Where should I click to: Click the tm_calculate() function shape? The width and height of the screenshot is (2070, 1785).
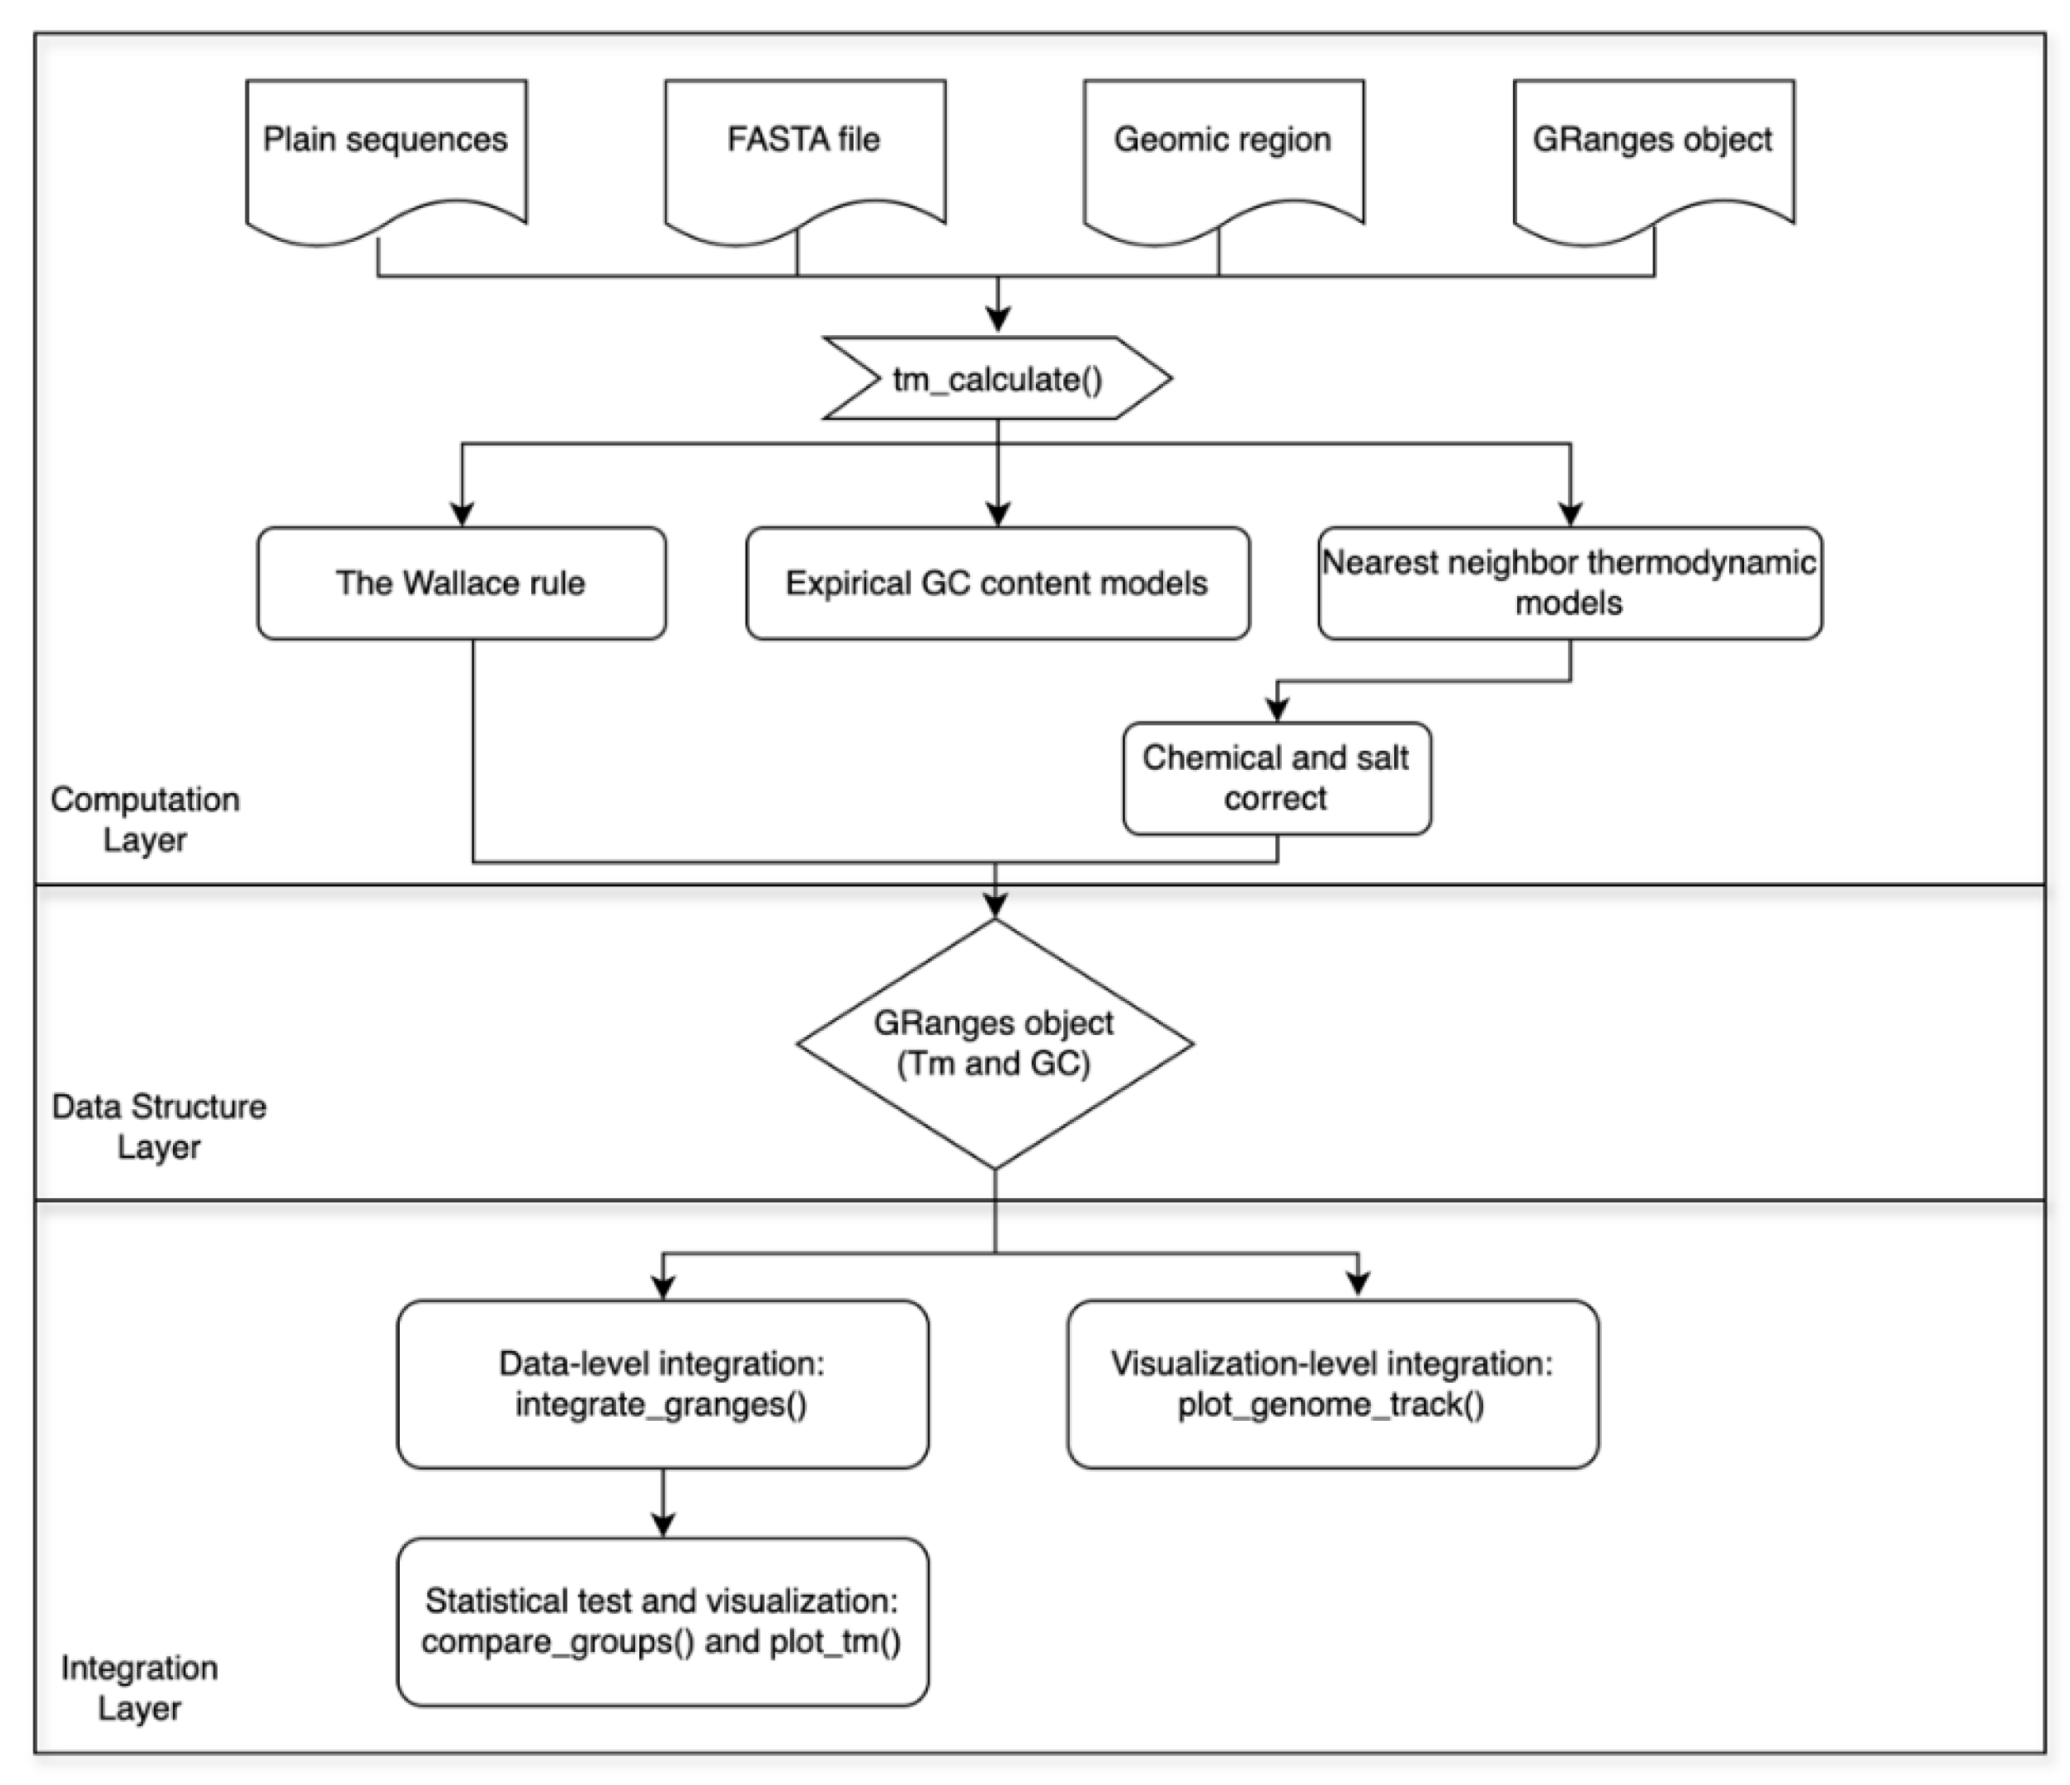[x=997, y=378]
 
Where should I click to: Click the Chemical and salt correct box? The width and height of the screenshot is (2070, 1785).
[x=1277, y=778]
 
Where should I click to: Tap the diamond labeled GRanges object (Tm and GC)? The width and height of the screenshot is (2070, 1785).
[x=995, y=1044]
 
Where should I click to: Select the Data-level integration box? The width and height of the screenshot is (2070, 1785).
[x=663, y=1383]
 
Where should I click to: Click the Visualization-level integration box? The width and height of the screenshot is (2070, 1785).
[x=1333, y=1383]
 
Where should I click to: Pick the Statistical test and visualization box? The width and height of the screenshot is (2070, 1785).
[x=663, y=1621]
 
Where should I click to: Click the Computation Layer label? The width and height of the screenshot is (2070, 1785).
[x=145, y=819]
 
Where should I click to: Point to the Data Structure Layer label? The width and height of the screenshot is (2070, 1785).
[x=159, y=1127]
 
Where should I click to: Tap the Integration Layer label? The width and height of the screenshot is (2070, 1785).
[x=140, y=1688]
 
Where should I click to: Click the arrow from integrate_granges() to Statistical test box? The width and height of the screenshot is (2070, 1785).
[x=663, y=1503]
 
